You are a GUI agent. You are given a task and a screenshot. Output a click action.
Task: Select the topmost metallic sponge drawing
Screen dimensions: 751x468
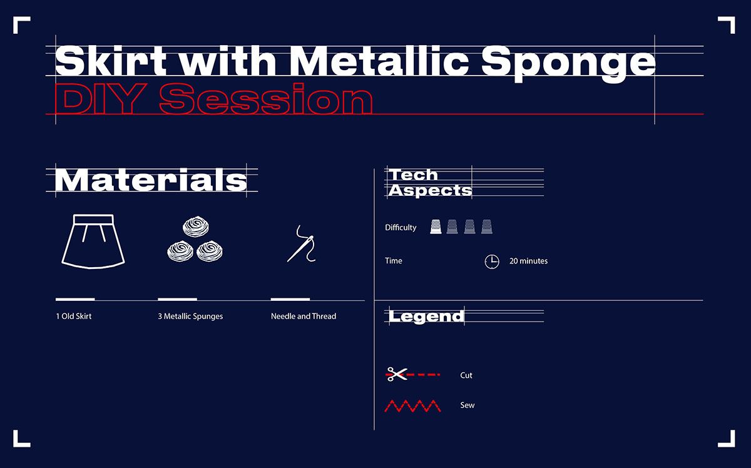196,226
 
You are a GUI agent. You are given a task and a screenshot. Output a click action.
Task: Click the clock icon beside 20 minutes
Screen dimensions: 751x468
492,262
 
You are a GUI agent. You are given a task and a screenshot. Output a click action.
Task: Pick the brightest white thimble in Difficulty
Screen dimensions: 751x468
436,226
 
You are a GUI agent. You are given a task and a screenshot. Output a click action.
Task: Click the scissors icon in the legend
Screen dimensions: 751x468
396,374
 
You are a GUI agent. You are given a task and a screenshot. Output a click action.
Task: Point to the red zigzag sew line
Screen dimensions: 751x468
412,406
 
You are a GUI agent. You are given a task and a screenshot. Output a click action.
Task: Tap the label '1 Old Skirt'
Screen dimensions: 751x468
74,316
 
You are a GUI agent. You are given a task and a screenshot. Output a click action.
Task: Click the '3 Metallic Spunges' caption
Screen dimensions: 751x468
190,316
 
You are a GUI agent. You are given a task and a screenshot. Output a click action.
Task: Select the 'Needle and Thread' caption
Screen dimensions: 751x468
304,316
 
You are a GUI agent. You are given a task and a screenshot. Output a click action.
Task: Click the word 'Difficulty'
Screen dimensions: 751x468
401,227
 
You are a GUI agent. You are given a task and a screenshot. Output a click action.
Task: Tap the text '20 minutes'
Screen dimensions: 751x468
528,261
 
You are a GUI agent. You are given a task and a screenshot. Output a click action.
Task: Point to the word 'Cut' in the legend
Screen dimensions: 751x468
466,375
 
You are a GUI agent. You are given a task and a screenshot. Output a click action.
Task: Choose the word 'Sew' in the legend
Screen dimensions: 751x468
467,405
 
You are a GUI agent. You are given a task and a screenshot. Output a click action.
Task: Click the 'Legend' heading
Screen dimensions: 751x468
426,317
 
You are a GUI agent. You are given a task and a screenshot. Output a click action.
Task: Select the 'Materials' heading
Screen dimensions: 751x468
151,180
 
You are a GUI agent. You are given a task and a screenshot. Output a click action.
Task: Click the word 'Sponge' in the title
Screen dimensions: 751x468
568,63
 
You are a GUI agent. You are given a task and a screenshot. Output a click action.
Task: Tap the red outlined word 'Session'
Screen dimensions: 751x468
266,99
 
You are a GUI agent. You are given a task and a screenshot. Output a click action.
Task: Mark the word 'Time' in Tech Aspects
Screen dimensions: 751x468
393,260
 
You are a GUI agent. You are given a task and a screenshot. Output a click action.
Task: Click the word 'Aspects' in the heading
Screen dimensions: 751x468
430,191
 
